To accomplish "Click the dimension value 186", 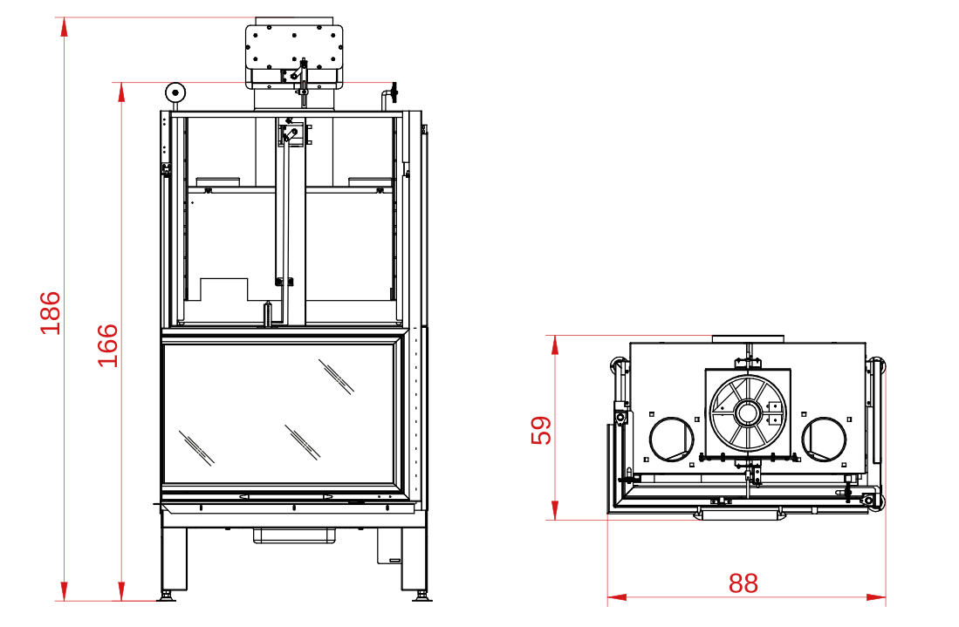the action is point(51,313).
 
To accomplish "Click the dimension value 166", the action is point(108,345).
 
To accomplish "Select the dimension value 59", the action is point(541,430).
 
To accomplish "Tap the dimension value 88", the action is point(743,583).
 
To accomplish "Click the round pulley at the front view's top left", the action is point(175,93).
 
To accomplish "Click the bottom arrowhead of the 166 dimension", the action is point(121,591).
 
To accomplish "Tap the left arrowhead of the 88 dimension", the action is point(617,597).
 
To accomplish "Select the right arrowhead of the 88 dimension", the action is point(876,597).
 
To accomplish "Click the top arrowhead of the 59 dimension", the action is point(555,344).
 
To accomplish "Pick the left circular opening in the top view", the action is point(672,439).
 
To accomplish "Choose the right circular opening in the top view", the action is point(824,439).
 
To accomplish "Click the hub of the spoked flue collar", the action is point(747,413).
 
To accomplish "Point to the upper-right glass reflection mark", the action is point(336,377).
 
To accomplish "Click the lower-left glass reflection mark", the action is point(196,448).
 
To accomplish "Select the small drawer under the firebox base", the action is point(296,535).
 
